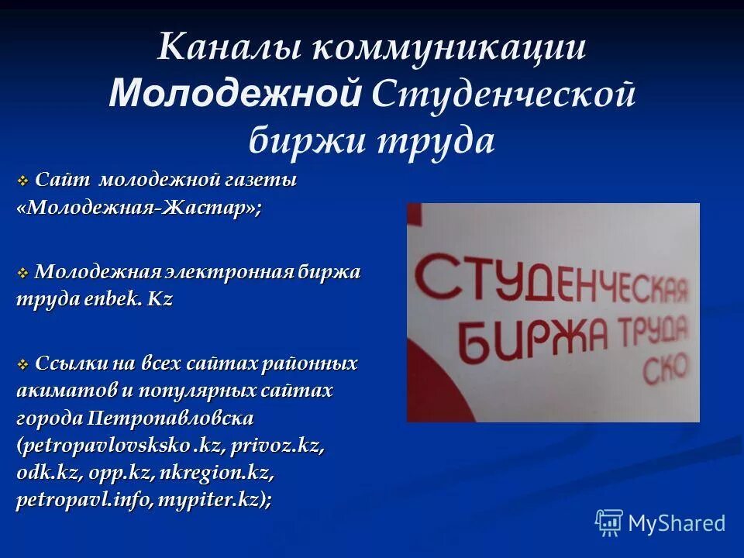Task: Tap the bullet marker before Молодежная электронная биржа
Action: pos(22,274)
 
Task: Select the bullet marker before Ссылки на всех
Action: pos(22,365)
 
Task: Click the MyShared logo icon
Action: pos(609,522)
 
